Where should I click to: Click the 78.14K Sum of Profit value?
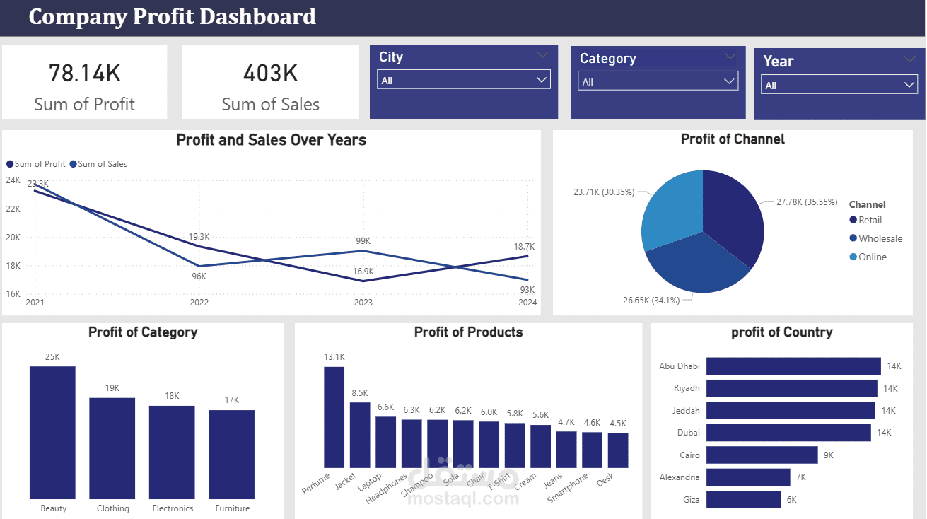point(84,74)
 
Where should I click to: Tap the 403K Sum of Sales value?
point(270,74)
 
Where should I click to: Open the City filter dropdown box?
point(463,81)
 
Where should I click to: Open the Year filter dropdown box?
point(839,86)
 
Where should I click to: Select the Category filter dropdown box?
point(658,82)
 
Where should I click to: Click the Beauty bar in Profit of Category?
point(52,433)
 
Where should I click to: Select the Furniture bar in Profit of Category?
point(231,455)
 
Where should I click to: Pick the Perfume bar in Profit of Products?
point(334,417)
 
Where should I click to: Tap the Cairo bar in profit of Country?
point(762,455)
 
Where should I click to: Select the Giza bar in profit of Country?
point(743,499)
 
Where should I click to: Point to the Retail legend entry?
point(870,220)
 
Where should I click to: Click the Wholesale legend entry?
point(880,238)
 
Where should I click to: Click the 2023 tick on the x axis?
point(363,303)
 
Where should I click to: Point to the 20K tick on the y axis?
point(13,238)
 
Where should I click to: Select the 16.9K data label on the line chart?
point(363,272)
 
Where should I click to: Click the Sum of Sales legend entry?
point(102,164)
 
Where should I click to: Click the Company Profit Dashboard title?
point(172,16)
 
